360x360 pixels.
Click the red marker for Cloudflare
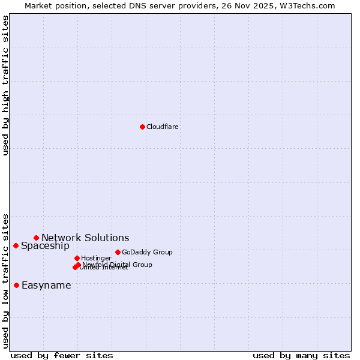[142, 127]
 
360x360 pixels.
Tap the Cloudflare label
[163, 127]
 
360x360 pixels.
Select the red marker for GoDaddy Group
[118, 252]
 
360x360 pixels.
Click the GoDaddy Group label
[147, 253]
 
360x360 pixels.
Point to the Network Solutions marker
[36, 238]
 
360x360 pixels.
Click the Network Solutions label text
[85, 238]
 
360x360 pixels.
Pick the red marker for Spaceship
[16, 245]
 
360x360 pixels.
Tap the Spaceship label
[45, 246]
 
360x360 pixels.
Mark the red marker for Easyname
[16, 285]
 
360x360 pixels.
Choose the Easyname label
[46, 286]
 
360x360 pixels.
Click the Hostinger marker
[77, 258]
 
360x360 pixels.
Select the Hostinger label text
[96, 259]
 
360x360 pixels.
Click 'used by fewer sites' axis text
[62, 356]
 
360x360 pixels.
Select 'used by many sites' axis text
[301, 356]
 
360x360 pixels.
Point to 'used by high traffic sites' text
[6, 85]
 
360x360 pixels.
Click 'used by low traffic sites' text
[6, 280]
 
